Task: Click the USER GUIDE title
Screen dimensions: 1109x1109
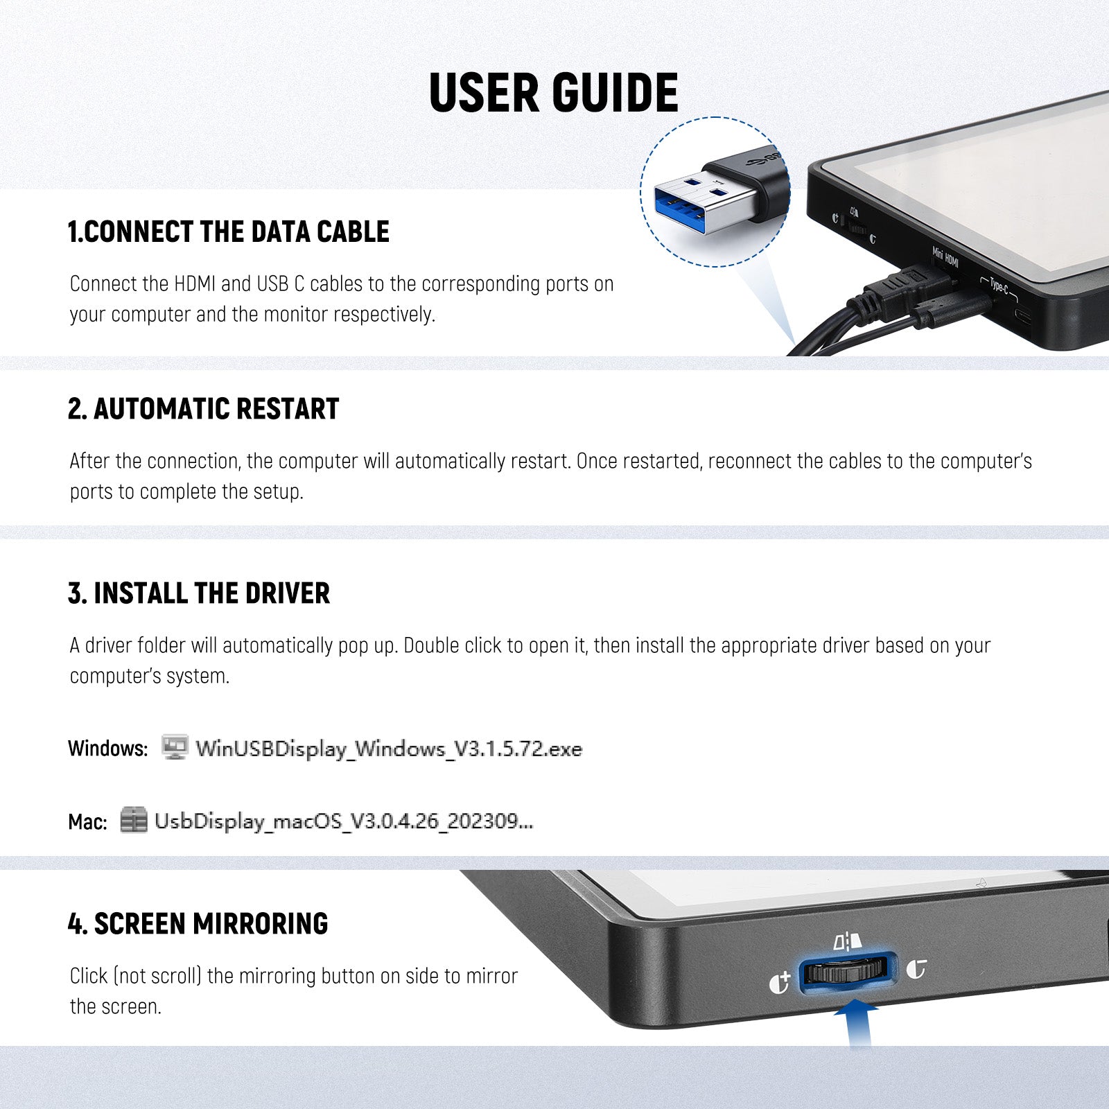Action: click(x=554, y=92)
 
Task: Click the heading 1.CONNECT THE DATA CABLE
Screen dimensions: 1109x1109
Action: click(x=229, y=232)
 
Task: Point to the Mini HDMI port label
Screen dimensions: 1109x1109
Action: click(x=945, y=258)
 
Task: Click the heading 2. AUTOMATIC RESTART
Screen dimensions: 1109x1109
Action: click(x=204, y=409)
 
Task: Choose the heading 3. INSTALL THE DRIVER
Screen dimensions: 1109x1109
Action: click(x=199, y=593)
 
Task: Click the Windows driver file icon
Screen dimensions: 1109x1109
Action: click(x=175, y=747)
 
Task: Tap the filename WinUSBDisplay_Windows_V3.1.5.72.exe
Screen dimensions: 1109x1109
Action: click(x=389, y=749)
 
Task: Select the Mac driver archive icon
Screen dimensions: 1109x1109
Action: click(x=134, y=820)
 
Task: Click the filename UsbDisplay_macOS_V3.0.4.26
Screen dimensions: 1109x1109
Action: click(x=344, y=821)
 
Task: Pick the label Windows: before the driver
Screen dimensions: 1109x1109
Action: click(x=108, y=749)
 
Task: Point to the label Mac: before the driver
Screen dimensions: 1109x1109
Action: click(x=87, y=822)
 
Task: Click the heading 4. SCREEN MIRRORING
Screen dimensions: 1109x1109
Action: click(x=198, y=924)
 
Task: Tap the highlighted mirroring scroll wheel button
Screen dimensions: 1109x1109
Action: click(x=848, y=972)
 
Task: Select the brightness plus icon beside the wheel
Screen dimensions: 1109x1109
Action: click(x=780, y=983)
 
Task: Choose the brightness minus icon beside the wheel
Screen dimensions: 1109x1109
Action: click(x=916, y=968)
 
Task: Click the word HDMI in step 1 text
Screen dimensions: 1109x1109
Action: click(x=195, y=283)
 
